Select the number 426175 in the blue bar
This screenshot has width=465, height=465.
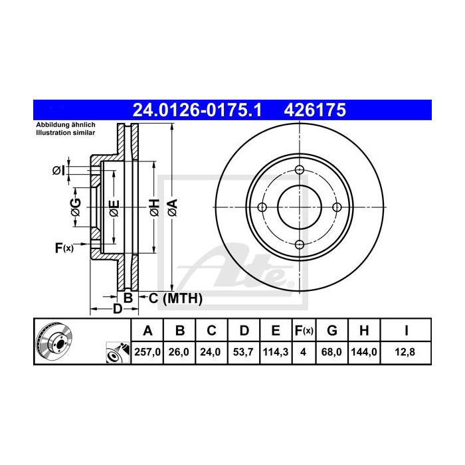pos(315,110)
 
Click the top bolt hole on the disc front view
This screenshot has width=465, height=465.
pos(300,170)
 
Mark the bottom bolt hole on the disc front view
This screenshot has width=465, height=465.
pos(300,245)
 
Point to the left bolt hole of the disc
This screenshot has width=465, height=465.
pos(262,207)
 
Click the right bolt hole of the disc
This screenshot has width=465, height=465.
pos(337,207)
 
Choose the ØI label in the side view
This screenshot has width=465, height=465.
pos(58,171)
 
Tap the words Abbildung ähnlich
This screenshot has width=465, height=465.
pos(66,126)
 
